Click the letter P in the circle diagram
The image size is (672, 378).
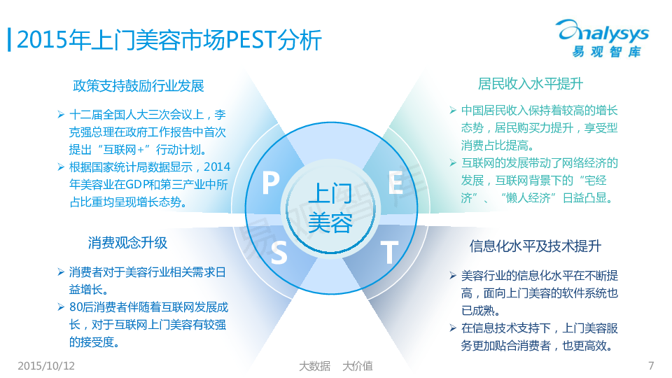[271, 183]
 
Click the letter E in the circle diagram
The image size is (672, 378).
[395, 183]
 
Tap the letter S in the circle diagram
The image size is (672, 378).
[279, 252]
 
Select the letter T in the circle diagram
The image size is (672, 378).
[389, 252]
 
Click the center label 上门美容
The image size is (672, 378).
[330, 208]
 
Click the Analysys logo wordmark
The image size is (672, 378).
[603, 31]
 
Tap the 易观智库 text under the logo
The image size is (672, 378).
[606, 52]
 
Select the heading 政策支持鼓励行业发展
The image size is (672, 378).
[139, 85]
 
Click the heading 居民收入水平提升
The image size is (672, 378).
[530, 83]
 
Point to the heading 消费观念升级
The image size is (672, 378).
[127, 243]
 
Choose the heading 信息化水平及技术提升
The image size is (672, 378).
[535, 246]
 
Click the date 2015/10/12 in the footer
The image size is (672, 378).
[46, 365]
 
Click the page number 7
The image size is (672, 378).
[651, 365]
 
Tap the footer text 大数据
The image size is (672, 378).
[314, 366]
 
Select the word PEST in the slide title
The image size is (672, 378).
[251, 40]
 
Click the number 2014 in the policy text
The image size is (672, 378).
[217, 167]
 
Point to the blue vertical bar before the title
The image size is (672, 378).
[9, 40]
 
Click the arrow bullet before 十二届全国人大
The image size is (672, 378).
[61, 114]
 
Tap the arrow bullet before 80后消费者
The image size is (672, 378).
[61, 307]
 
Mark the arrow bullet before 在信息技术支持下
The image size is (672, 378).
[453, 328]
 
